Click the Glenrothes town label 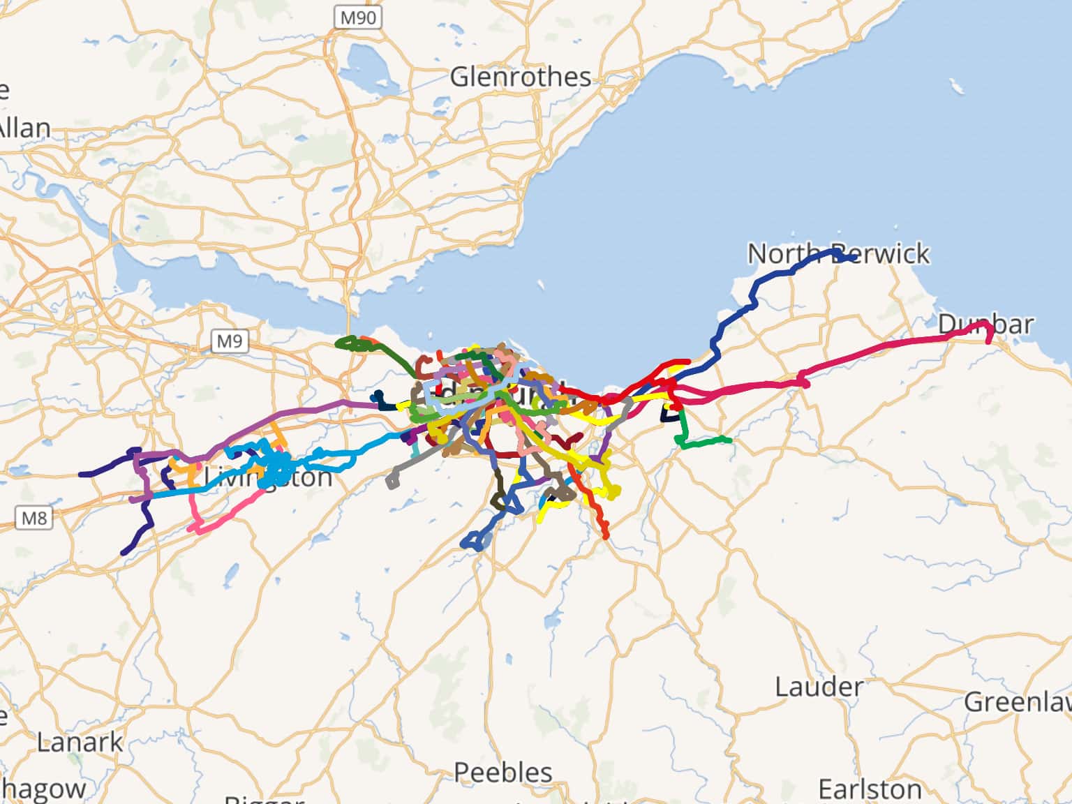click(x=520, y=77)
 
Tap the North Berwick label click(x=837, y=253)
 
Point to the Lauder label click(x=819, y=687)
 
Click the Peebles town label click(x=502, y=773)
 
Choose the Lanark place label click(x=80, y=742)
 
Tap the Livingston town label click(x=268, y=478)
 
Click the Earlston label click(x=870, y=789)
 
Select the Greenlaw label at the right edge click(x=1018, y=702)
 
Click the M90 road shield click(x=357, y=17)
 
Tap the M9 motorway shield click(x=230, y=341)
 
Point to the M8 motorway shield click(x=34, y=519)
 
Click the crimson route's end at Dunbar click(x=989, y=341)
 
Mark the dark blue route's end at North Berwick click(x=855, y=259)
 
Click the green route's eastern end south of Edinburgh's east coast click(x=730, y=440)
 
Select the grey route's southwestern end click(x=390, y=482)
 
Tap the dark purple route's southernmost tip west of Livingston click(x=124, y=553)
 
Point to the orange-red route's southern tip click(x=605, y=537)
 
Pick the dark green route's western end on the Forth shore click(x=338, y=343)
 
